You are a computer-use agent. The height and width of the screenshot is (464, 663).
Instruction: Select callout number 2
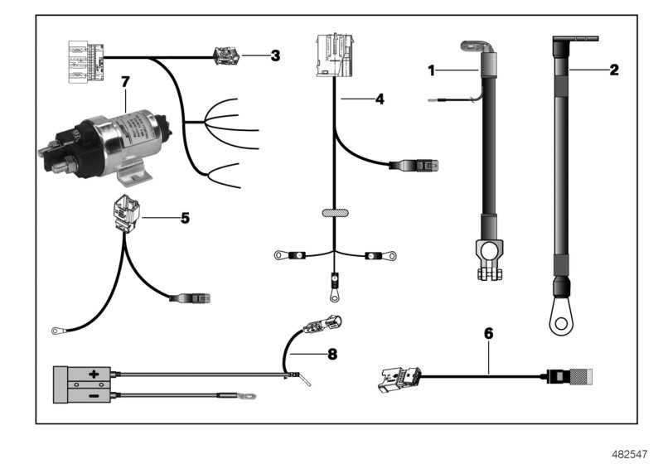613,70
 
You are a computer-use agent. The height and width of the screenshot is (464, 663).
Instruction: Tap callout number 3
275,56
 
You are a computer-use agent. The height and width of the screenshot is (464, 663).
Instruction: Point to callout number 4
380,99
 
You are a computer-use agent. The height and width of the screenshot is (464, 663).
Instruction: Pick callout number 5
185,219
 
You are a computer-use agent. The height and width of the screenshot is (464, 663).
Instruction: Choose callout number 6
488,333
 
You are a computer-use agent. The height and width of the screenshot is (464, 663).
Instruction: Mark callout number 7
125,81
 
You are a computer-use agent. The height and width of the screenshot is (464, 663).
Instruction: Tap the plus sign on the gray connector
94,375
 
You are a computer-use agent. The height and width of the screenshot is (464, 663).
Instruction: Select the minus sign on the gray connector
94,395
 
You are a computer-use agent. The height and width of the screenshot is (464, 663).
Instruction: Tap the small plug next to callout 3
226,56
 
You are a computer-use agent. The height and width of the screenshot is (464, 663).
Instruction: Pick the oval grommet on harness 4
332,215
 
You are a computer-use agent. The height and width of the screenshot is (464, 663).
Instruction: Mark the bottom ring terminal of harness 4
332,292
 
